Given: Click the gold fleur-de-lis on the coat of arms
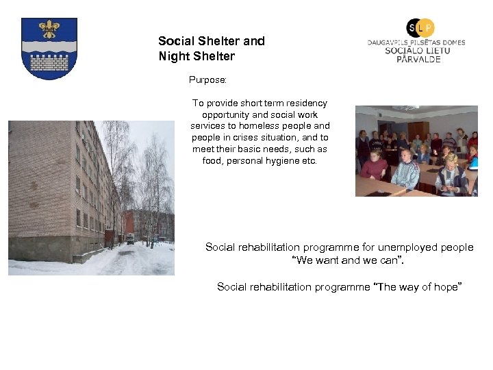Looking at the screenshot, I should [49, 29].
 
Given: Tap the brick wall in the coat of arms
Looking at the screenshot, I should [49, 62].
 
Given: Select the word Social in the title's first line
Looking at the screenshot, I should [175, 41].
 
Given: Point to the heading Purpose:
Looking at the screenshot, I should [207, 80].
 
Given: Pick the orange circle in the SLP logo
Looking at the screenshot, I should [426, 27].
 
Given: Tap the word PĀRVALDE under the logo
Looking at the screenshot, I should [418, 60].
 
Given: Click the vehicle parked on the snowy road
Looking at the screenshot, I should [130, 238].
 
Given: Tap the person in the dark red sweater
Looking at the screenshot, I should [374, 166].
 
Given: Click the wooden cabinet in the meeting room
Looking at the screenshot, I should [418, 130].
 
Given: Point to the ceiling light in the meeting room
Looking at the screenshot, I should [405, 108].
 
